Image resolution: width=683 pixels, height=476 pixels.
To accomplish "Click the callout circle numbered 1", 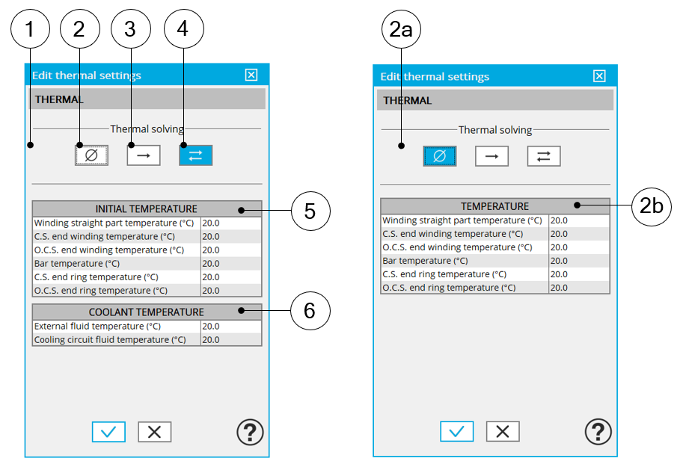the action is (30, 28).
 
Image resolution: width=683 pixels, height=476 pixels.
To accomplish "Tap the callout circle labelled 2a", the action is (401, 29).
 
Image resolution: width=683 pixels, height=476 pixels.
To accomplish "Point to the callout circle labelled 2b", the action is (651, 206).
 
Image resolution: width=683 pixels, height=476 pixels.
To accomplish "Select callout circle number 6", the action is (310, 311).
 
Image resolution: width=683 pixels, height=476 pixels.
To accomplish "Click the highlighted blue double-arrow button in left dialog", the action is (195, 155).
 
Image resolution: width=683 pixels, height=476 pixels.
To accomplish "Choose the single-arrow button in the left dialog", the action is (144, 155).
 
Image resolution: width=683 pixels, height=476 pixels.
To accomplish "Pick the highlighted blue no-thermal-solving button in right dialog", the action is (440, 156).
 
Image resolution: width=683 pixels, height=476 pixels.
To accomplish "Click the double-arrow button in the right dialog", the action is (544, 156).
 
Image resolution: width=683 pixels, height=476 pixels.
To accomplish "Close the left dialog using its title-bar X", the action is (251, 75).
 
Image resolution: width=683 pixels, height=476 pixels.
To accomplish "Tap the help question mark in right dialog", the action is (598, 432).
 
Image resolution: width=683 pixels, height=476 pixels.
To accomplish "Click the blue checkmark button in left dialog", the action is (108, 432).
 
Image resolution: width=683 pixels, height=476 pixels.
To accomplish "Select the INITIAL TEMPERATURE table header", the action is (147, 208).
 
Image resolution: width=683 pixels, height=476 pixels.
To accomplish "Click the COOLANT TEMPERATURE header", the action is (147, 312).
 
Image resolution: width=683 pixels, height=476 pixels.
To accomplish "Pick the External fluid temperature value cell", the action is (231, 327).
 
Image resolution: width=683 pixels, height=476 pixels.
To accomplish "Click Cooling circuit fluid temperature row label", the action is (110, 340).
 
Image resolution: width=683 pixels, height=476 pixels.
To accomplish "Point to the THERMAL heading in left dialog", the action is (59, 99).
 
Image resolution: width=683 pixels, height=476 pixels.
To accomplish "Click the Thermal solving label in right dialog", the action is (495, 130).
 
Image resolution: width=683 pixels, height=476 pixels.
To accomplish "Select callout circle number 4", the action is (184, 28).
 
